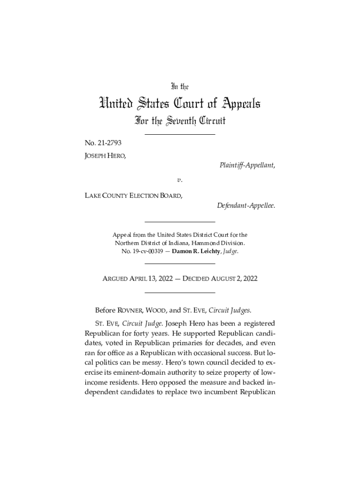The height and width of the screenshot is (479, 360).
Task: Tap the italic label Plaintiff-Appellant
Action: [x=246, y=165]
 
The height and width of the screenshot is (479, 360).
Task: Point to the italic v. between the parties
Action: [x=180, y=179]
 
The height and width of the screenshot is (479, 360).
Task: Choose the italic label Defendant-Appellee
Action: [x=246, y=205]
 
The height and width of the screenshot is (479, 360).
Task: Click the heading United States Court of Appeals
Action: [x=180, y=103]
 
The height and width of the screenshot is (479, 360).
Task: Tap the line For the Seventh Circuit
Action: [x=180, y=122]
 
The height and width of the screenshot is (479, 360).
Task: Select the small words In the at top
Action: [x=180, y=87]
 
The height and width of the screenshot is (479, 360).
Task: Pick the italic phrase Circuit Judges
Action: [x=230, y=310]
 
